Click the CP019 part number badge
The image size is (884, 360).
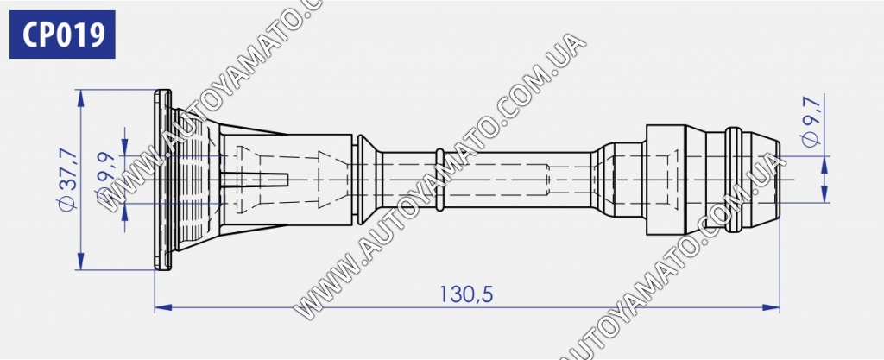click(x=62, y=35)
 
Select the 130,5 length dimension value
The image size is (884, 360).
click(x=466, y=294)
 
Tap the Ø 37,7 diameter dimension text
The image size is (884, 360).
click(x=68, y=180)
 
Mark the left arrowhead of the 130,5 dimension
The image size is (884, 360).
click(x=163, y=307)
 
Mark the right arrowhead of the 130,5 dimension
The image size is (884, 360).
click(x=771, y=307)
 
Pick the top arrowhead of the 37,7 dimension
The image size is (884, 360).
click(x=81, y=98)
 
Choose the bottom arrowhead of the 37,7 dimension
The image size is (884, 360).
click(x=81, y=262)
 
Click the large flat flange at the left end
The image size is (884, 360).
click(x=162, y=180)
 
